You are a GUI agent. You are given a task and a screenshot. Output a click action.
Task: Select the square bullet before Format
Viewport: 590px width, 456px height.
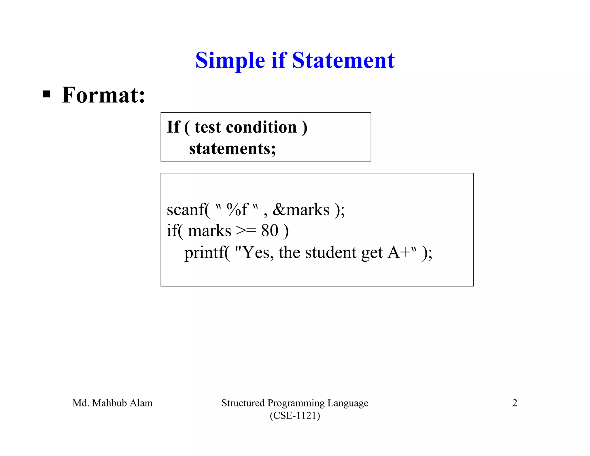click(x=46, y=94)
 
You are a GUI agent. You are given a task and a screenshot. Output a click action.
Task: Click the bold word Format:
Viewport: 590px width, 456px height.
click(x=103, y=95)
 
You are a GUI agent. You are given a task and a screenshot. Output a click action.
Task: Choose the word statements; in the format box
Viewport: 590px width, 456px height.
click(x=232, y=149)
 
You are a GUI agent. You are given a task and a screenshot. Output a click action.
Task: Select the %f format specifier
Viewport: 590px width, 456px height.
click(x=237, y=210)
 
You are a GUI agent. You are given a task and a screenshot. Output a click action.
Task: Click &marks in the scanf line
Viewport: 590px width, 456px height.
click(x=301, y=210)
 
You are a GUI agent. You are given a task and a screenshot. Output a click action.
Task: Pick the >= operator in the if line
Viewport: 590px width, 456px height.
click(x=246, y=231)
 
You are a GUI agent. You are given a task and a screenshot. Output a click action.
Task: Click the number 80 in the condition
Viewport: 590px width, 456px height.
click(x=270, y=231)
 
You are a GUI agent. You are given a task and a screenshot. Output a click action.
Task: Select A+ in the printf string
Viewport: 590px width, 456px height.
click(x=399, y=253)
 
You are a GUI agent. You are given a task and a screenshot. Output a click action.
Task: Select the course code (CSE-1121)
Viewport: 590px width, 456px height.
click(x=295, y=415)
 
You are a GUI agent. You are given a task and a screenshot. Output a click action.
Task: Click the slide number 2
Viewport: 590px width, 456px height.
click(x=515, y=403)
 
